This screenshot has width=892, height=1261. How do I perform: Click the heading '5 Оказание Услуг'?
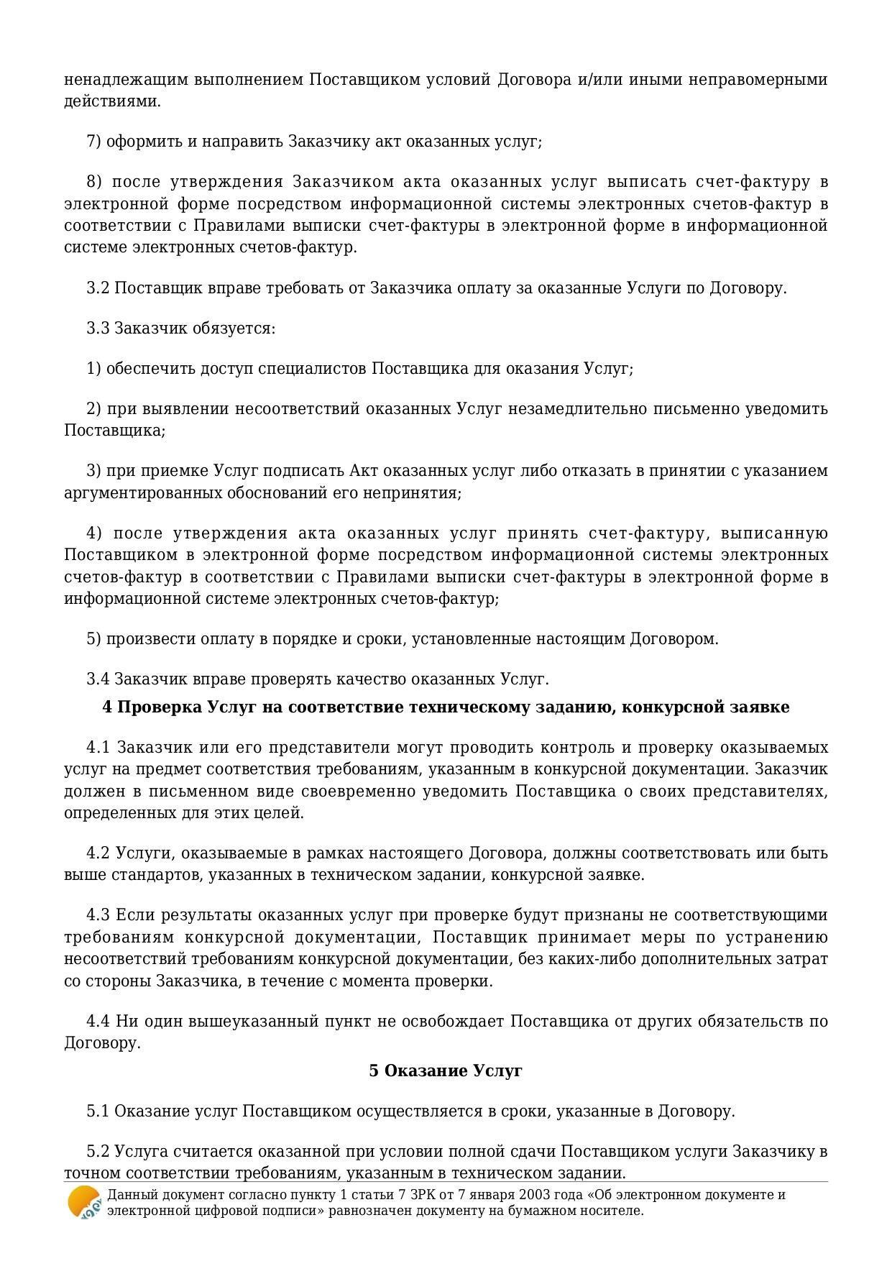tap(446, 1070)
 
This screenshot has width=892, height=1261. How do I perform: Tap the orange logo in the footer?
tap(83, 1203)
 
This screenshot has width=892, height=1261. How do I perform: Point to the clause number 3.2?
tap(98, 288)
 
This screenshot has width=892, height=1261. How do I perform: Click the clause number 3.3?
tap(98, 329)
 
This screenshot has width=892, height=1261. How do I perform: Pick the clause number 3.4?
tap(98, 679)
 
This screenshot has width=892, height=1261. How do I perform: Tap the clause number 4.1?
tap(98, 747)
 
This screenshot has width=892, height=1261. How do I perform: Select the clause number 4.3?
tap(98, 915)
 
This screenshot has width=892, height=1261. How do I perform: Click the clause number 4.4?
tap(98, 1022)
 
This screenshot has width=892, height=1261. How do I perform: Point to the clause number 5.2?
tap(98, 1152)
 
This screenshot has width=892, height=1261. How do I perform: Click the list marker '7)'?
tap(94, 142)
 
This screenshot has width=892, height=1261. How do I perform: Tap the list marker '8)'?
tap(94, 182)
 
